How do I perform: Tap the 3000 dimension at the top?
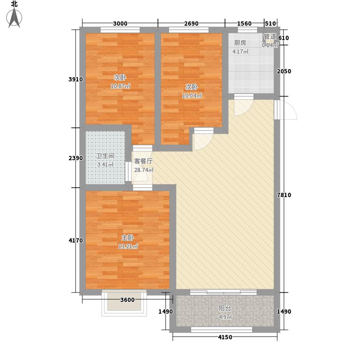click(120, 23)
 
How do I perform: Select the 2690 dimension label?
click(191, 23)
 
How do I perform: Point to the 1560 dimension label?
click(244, 23)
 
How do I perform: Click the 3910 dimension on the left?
click(76, 80)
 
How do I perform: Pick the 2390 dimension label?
click(76, 158)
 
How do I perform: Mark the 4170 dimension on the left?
click(76, 240)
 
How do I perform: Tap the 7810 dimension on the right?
click(284, 195)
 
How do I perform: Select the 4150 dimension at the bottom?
click(225, 337)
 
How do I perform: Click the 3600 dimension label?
click(127, 300)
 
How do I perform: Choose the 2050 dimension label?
click(284, 71)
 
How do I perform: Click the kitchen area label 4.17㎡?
click(240, 51)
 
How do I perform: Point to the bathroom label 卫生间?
click(105, 156)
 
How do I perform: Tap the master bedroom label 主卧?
click(128, 238)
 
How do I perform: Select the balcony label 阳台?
click(225, 308)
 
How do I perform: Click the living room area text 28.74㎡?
click(144, 170)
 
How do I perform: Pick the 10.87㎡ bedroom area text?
click(121, 86)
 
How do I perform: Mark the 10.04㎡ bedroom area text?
click(192, 96)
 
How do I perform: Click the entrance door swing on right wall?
click(286, 110)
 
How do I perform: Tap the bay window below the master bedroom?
click(124, 303)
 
